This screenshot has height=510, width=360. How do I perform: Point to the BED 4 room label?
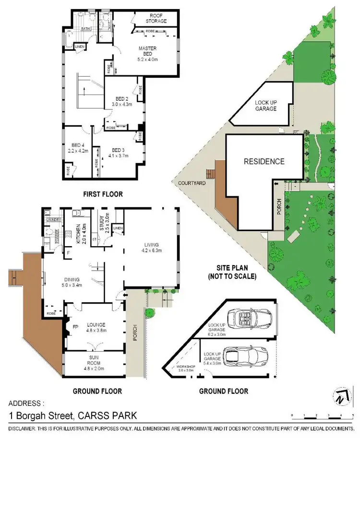(78, 145)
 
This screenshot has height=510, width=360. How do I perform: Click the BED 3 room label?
(116, 149)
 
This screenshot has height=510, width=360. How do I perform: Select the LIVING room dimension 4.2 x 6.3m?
(152, 250)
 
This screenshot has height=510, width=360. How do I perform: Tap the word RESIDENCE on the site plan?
(264, 161)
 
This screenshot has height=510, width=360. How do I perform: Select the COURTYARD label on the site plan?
(192, 183)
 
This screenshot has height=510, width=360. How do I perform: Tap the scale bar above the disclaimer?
(322, 415)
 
